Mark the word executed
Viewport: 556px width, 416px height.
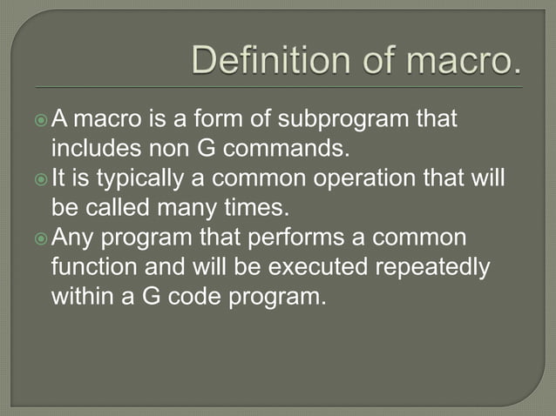point(291,267)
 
